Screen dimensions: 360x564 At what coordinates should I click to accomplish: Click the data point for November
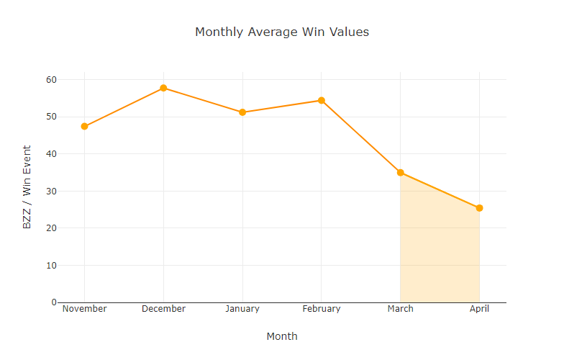85,126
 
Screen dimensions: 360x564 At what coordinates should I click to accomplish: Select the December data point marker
163,88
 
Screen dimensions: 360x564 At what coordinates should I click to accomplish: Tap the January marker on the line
242,112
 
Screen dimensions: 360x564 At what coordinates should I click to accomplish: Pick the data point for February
322,100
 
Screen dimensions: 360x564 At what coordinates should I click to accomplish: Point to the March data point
400,173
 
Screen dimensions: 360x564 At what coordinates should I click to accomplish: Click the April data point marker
479,208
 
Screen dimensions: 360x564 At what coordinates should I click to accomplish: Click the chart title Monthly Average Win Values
282,32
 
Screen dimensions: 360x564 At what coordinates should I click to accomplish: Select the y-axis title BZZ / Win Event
27,187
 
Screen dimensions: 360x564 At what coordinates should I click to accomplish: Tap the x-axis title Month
282,336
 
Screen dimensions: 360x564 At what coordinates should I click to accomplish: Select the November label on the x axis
85,309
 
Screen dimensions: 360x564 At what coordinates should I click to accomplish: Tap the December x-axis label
163,309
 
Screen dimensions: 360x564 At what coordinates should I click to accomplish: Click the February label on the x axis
322,309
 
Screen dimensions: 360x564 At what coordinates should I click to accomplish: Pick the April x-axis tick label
479,309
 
